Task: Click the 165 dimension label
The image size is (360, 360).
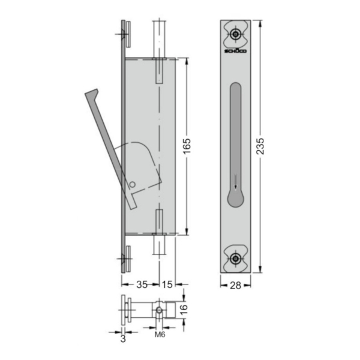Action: click(x=187, y=146)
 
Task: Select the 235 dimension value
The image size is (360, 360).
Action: click(x=260, y=146)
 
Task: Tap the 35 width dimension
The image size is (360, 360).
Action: click(x=142, y=284)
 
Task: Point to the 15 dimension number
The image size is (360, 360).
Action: click(x=167, y=284)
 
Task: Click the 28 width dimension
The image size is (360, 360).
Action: click(x=235, y=286)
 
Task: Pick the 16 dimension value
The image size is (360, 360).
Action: click(x=184, y=309)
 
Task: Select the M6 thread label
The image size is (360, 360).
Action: click(x=160, y=335)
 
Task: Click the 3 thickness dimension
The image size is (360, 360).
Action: click(x=123, y=338)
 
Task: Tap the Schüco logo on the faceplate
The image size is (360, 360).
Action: click(x=235, y=51)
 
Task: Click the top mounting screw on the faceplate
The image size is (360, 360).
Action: click(x=235, y=34)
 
